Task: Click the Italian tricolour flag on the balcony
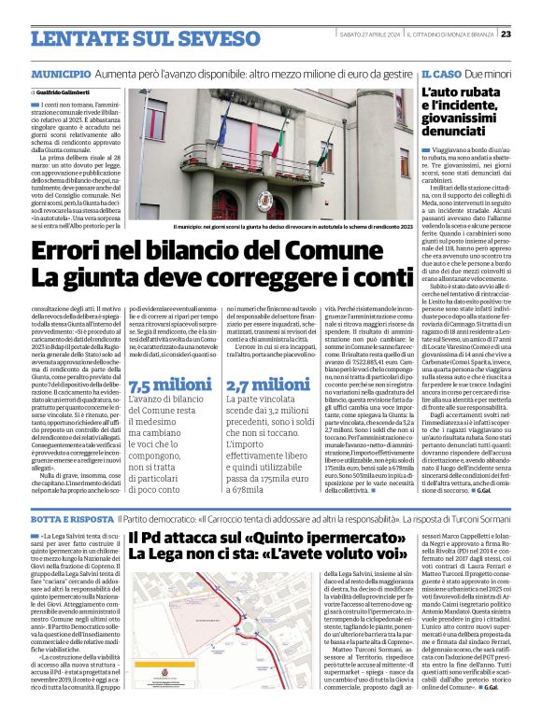(x=277, y=139)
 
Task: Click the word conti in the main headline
(x=355, y=277)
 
